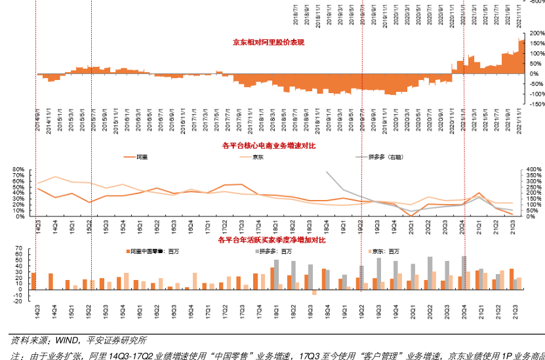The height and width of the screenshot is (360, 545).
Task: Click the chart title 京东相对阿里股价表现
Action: coord(268,43)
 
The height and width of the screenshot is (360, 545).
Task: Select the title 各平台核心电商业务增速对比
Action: coord(269,146)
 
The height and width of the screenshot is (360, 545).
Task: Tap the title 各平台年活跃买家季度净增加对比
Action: coord(272,241)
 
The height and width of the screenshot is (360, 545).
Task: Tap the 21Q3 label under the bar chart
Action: coord(515,313)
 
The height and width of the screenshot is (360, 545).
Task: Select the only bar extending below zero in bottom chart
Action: coord(314,292)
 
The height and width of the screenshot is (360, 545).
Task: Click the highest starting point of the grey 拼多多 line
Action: coord(327,172)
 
